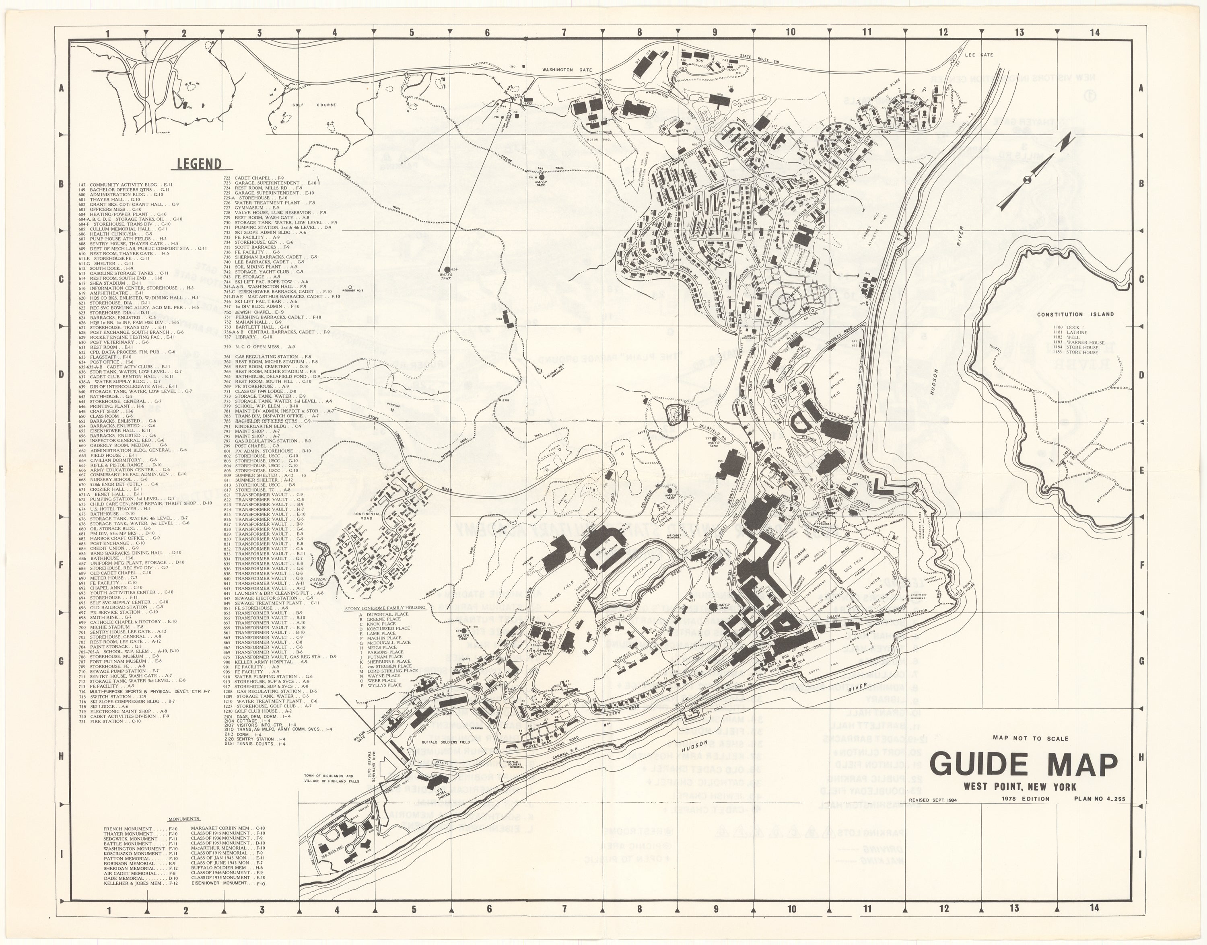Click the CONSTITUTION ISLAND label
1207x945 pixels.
(x=1075, y=314)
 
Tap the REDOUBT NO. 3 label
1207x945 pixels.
(x=352, y=290)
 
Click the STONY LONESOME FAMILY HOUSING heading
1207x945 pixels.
(x=385, y=608)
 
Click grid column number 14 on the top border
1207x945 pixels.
(x=1094, y=33)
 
